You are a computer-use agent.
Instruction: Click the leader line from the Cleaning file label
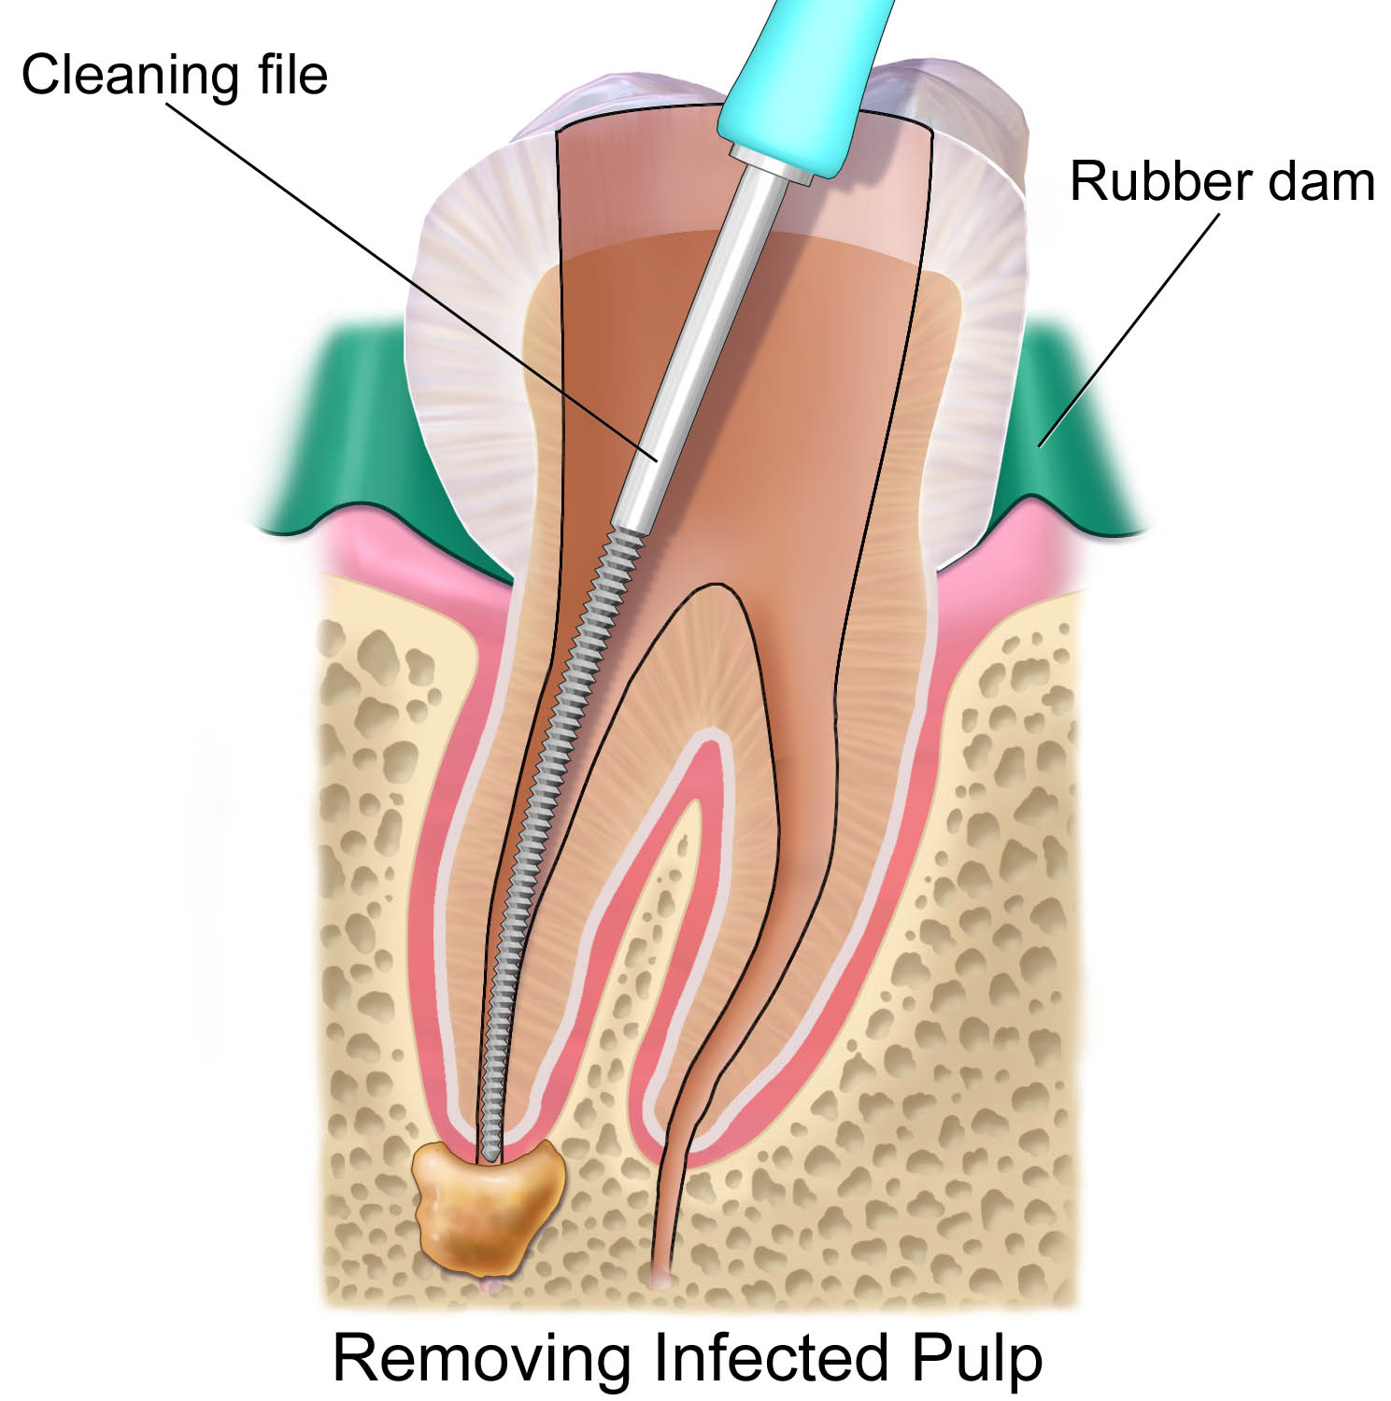(x=413, y=282)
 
